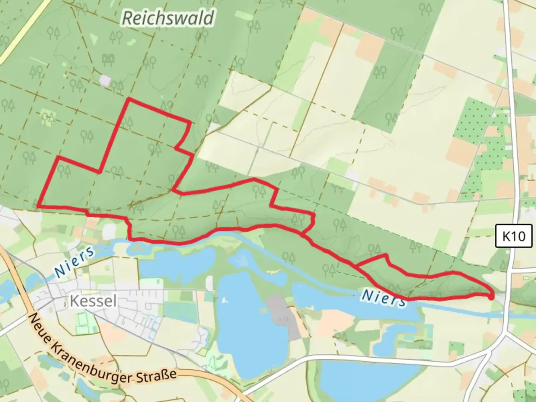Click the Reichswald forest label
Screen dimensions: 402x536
click(x=168, y=18)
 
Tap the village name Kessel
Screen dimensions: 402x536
click(x=93, y=301)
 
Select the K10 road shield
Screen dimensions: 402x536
click(x=514, y=236)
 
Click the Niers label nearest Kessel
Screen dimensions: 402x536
click(x=74, y=262)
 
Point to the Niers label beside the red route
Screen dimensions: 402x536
click(x=383, y=298)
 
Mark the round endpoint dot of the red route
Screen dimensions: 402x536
click(x=491, y=297)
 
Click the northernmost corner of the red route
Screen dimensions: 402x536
click(x=128, y=99)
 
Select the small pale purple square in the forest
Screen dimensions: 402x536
click(x=105, y=80)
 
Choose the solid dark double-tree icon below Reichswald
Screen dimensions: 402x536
click(x=108, y=58)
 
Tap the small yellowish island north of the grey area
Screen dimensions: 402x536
click(x=273, y=272)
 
